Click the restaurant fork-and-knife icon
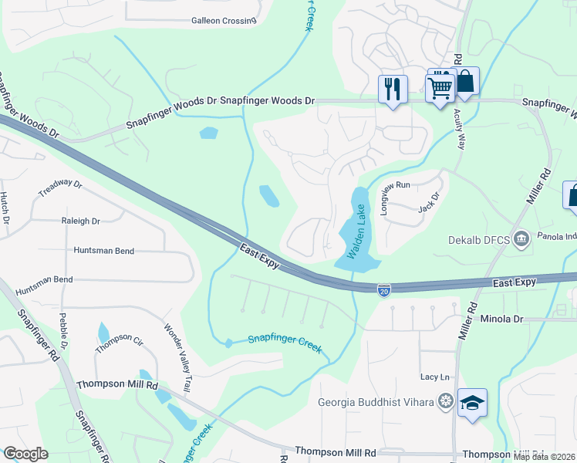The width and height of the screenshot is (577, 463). pos(393,89)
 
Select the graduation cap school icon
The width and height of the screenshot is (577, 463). pos(472,403)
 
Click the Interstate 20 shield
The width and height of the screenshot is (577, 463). pos(384,290)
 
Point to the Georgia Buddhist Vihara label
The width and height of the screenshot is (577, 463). pos(376,401)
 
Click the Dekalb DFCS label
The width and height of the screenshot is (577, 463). pos(480,239)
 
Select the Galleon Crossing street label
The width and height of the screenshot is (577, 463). pos(223,21)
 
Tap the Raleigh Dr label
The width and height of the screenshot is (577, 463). pos(81,221)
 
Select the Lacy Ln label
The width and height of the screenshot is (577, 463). pos(434,377)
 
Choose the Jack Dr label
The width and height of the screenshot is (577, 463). pos(428,203)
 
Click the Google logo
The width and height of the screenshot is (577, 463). pos(25,454)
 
